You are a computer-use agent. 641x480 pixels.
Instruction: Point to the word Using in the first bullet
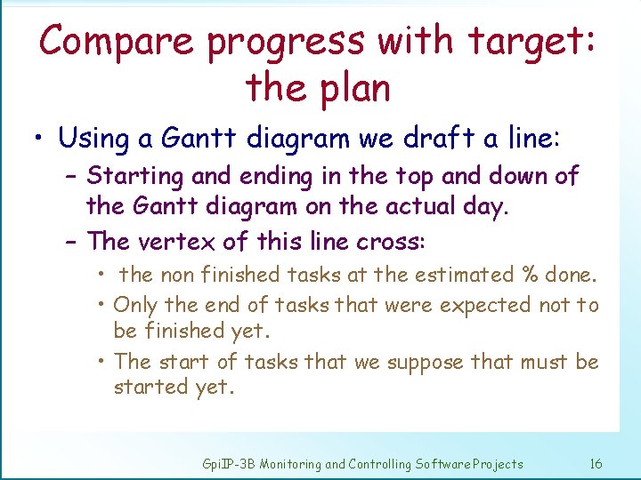click(93, 138)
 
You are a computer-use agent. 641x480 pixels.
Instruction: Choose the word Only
click(135, 305)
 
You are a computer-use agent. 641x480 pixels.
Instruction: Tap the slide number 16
click(596, 464)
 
